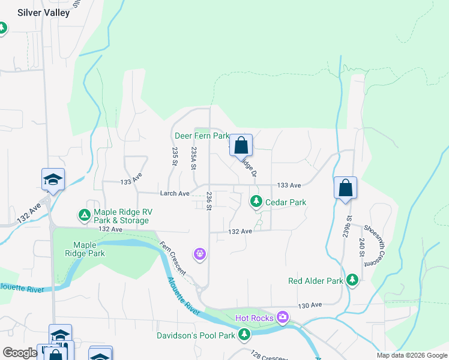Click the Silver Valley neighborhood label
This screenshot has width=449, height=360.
pos(43,13)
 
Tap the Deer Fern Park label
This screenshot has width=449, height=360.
pos(202,136)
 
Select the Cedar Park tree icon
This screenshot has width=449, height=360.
pos(256,202)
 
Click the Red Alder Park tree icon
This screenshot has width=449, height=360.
pos(352,280)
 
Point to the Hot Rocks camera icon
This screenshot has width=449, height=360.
pos(283,317)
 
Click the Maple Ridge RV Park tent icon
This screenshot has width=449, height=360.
pos(84,214)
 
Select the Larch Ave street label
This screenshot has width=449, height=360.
pos(175,193)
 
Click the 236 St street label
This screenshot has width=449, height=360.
pos(209,200)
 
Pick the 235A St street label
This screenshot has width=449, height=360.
pos(194,159)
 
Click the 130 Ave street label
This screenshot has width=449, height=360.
pos(310,305)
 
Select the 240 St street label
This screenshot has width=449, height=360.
pos(361,247)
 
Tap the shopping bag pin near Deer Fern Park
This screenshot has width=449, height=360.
pos(241,145)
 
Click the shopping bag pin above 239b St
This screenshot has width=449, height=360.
pos(345,188)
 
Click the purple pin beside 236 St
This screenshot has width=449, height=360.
pos(200,254)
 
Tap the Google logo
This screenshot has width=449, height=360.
pos(20,353)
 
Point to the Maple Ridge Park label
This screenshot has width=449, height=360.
pos(89,249)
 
